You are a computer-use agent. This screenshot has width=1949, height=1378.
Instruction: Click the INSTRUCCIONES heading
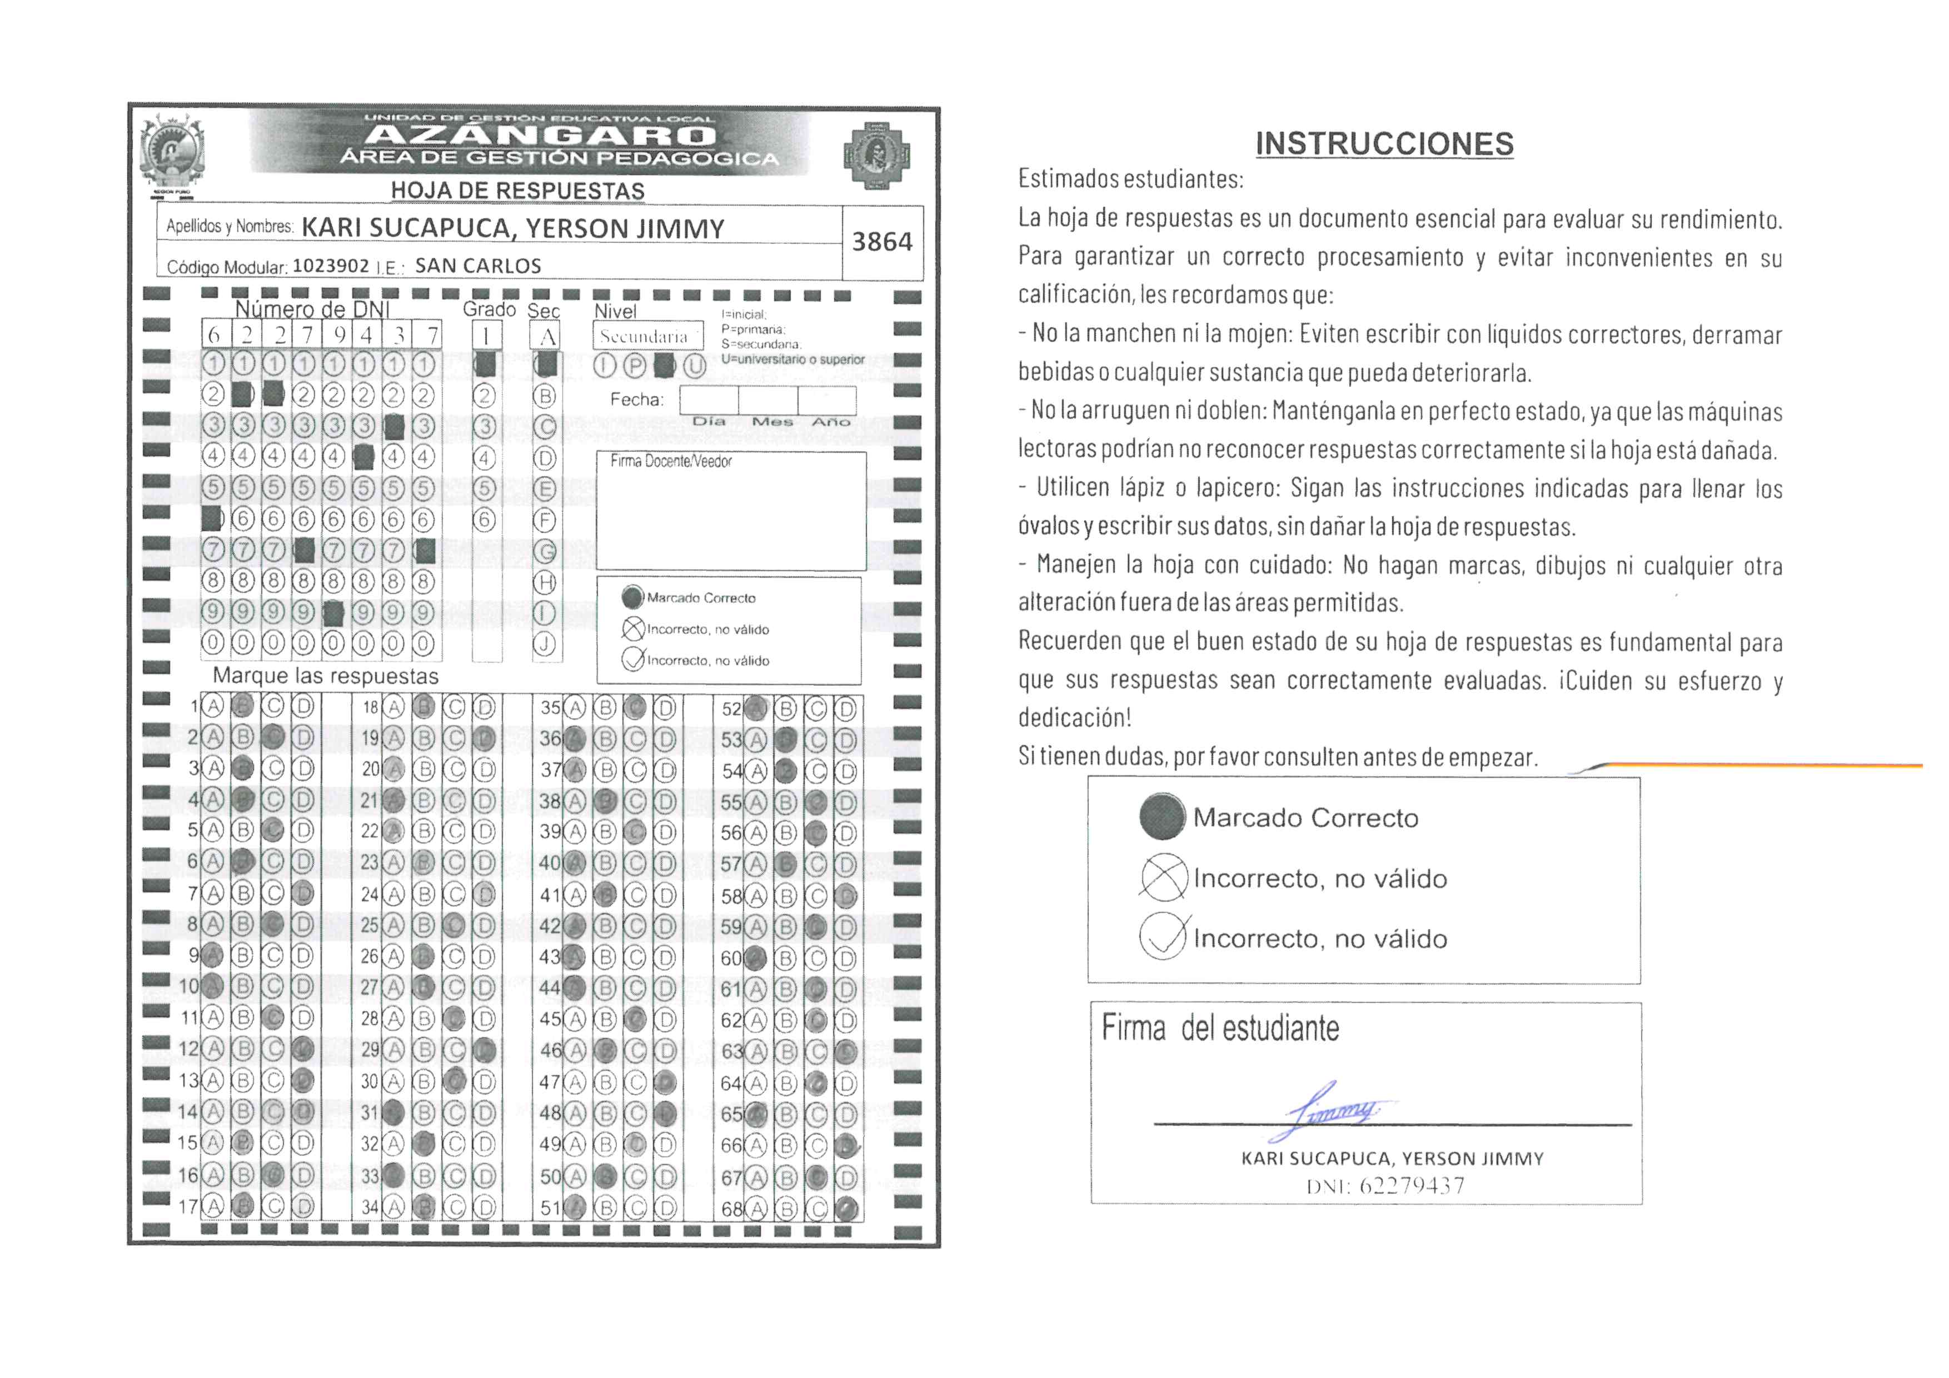tap(1384, 144)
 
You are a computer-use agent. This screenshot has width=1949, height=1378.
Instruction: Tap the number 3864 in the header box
tap(882, 242)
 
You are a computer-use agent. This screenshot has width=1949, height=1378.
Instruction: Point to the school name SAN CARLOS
tap(478, 266)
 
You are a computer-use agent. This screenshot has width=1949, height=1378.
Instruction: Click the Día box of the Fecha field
tap(709, 400)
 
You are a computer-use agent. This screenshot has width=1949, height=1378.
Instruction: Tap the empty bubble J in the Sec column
tap(544, 644)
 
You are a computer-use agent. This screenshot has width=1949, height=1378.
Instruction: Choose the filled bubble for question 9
tap(212, 956)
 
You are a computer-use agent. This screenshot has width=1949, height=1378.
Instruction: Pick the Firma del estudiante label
tap(1220, 1028)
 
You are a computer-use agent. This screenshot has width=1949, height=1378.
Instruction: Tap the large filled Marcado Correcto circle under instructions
tap(1162, 816)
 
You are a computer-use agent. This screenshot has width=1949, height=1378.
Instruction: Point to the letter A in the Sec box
tap(547, 337)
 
